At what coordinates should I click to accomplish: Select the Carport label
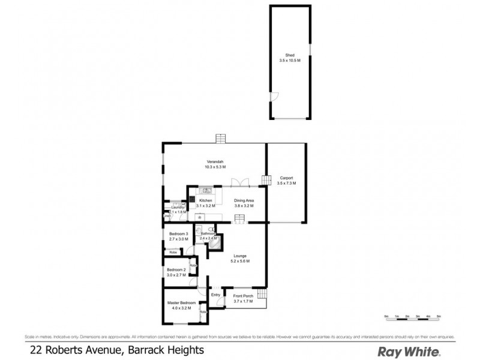(x=286, y=177)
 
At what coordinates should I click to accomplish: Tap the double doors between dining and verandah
(x=241, y=183)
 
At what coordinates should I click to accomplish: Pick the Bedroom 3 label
(x=178, y=233)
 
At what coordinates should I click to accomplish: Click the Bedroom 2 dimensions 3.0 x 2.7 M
(x=176, y=275)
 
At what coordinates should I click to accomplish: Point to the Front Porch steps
(x=262, y=296)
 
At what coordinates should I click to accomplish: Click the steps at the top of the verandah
(x=220, y=138)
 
